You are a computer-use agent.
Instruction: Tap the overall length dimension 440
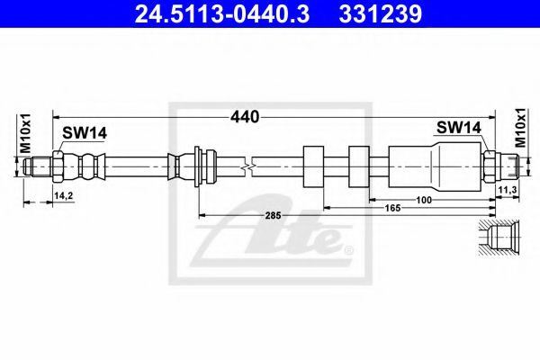245,116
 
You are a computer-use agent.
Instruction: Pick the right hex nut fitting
490,166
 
